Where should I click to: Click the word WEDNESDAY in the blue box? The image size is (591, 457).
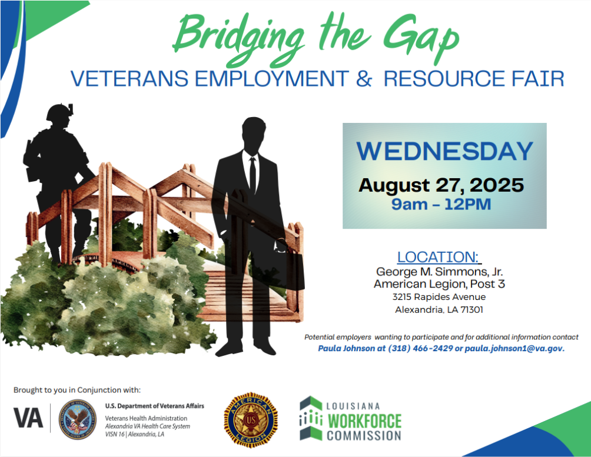coord(444,152)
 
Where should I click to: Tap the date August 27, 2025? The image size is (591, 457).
coord(441,186)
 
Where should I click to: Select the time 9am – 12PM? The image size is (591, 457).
coord(441,205)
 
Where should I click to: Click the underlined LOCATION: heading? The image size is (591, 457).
coord(439,257)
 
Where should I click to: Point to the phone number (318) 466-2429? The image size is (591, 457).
coord(424,349)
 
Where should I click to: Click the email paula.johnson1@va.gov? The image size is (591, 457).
coord(514,349)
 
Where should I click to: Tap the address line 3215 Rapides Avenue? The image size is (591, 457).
coord(439,297)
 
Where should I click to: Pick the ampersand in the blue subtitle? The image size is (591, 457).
coord(363,78)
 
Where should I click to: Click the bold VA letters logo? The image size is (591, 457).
coord(28,418)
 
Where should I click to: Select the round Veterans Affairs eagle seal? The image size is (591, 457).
coord(78,419)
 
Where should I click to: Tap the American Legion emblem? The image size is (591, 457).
coord(251,420)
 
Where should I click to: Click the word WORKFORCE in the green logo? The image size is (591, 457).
coord(364,421)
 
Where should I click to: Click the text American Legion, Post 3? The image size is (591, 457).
coord(439,284)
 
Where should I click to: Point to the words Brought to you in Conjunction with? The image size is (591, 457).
coord(77,389)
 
